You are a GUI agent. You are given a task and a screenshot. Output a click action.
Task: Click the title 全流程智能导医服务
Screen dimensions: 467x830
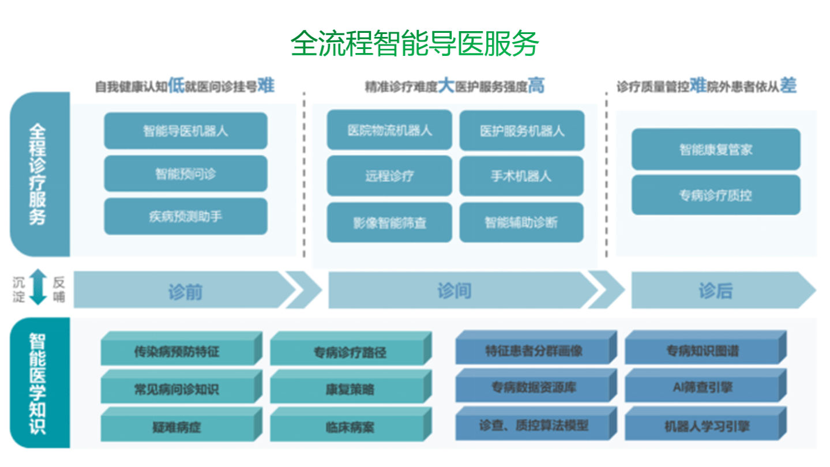[x=415, y=43]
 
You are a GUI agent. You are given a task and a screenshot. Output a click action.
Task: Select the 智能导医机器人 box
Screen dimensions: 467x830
[x=185, y=131]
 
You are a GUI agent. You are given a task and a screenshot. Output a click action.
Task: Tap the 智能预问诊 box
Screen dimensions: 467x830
[x=185, y=174]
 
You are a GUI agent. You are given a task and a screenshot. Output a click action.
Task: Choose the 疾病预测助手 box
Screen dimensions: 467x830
[x=185, y=217]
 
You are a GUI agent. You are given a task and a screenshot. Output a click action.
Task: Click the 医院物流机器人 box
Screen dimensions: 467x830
[x=389, y=130]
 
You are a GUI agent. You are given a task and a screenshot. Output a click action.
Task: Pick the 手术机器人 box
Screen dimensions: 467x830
[x=521, y=176]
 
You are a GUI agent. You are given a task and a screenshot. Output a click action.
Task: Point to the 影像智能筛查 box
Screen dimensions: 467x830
[x=389, y=223]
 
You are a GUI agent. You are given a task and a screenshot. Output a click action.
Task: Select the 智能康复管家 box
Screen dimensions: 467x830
[x=715, y=150]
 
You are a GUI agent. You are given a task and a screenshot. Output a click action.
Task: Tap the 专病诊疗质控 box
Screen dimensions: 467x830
[x=715, y=195]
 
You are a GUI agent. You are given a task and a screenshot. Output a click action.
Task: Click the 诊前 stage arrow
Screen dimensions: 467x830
[x=185, y=290]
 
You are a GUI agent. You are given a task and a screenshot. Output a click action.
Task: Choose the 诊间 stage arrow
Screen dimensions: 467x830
[x=456, y=290]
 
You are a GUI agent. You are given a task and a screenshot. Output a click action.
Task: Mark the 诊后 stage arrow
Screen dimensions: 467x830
[x=715, y=290]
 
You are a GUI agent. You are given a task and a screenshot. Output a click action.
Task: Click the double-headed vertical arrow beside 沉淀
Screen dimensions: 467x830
[x=38, y=286]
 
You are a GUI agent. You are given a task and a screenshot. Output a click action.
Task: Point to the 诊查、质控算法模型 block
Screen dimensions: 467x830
[x=533, y=425]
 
